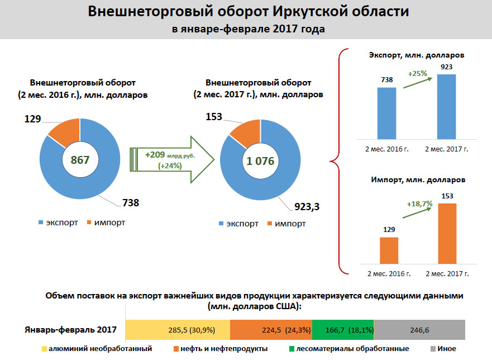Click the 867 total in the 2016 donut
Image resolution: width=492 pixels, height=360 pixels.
80,160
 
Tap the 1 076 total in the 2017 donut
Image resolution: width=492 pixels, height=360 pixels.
260,161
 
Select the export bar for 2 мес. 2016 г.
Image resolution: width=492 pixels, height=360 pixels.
387,112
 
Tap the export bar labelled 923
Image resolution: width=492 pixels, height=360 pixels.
446,106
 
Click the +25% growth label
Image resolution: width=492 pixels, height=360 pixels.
417,73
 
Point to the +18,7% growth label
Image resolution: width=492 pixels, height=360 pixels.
420,204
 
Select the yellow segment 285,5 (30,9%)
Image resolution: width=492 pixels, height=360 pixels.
178,330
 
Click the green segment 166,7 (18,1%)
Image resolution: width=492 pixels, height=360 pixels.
342,330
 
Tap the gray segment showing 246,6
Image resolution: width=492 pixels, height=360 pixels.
419,330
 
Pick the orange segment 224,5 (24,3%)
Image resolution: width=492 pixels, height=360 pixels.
271,330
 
